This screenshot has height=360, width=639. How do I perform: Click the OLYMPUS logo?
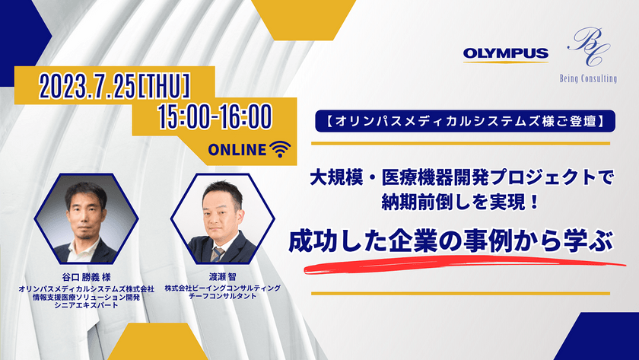tap(505, 54)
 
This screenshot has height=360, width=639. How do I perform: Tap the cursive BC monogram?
tap(589, 46)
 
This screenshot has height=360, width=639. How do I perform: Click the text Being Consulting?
tap(588, 78)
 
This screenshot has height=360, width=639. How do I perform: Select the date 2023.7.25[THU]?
tap(115, 87)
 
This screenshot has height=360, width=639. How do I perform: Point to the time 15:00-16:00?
tap(215, 116)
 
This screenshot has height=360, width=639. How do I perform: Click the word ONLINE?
tap(237, 150)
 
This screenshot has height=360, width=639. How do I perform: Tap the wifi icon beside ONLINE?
tap(280, 149)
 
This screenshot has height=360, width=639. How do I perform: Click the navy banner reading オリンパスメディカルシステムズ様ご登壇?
tap(465, 121)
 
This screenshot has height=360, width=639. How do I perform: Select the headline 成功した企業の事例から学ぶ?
tap(450, 241)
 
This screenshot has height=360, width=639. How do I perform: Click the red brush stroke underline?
tap(465, 265)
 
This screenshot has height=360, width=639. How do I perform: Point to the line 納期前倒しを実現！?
tap(460, 202)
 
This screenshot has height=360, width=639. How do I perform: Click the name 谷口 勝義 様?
tap(87, 277)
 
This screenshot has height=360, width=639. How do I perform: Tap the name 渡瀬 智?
tap(222, 277)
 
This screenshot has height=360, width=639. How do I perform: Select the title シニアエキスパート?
tap(87, 305)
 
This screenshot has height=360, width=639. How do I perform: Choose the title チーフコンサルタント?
tap(222, 296)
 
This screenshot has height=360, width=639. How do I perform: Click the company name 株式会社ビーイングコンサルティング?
tap(222, 288)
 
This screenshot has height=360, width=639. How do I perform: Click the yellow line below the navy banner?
tap(460, 144)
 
